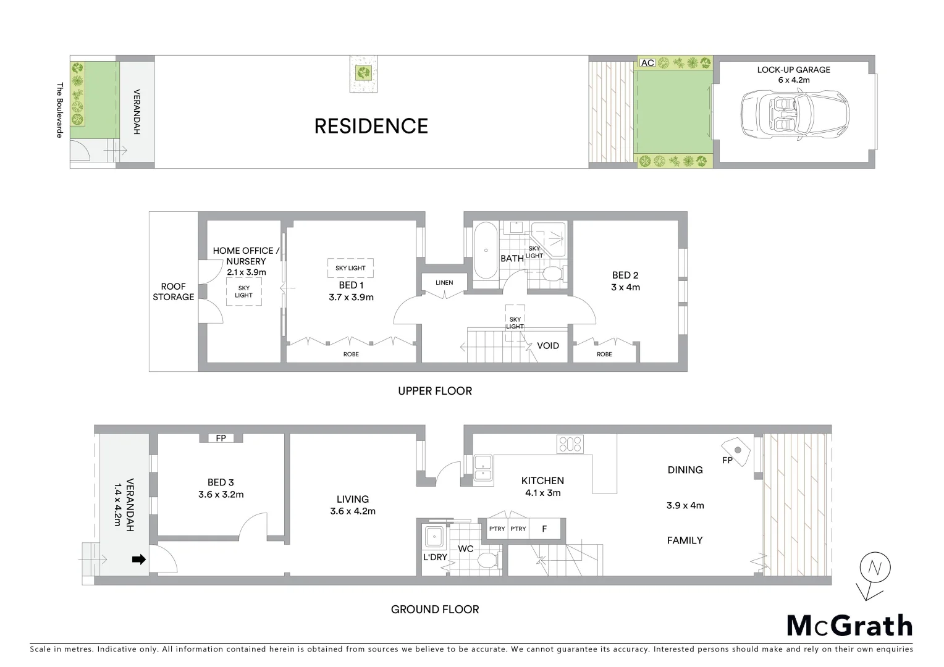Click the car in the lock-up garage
(x=794, y=115)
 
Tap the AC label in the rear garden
(x=647, y=63)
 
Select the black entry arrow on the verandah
(x=139, y=560)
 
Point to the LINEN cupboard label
(x=444, y=283)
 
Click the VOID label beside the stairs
(x=547, y=345)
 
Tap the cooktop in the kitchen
(x=570, y=444)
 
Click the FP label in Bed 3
(x=221, y=438)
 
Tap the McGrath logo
(x=849, y=626)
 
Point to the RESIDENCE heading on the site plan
(x=371, y=126)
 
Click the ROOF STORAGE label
(x=174, y=292)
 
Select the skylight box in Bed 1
(x=350, y=268)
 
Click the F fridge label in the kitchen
(x=544, y=529)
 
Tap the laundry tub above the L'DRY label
(x=436, y=535)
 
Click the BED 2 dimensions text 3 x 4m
(x=625, y=287)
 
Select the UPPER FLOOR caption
(x=434, y=391)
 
